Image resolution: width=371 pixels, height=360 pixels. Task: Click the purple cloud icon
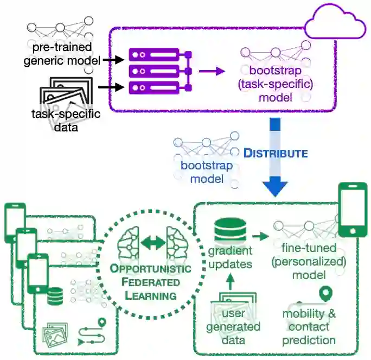point(335,22)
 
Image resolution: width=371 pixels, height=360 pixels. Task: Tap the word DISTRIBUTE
point(275,153)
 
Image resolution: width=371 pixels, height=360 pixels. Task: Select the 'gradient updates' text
point(231,257)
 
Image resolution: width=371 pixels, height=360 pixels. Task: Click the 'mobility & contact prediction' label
point(309,327)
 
